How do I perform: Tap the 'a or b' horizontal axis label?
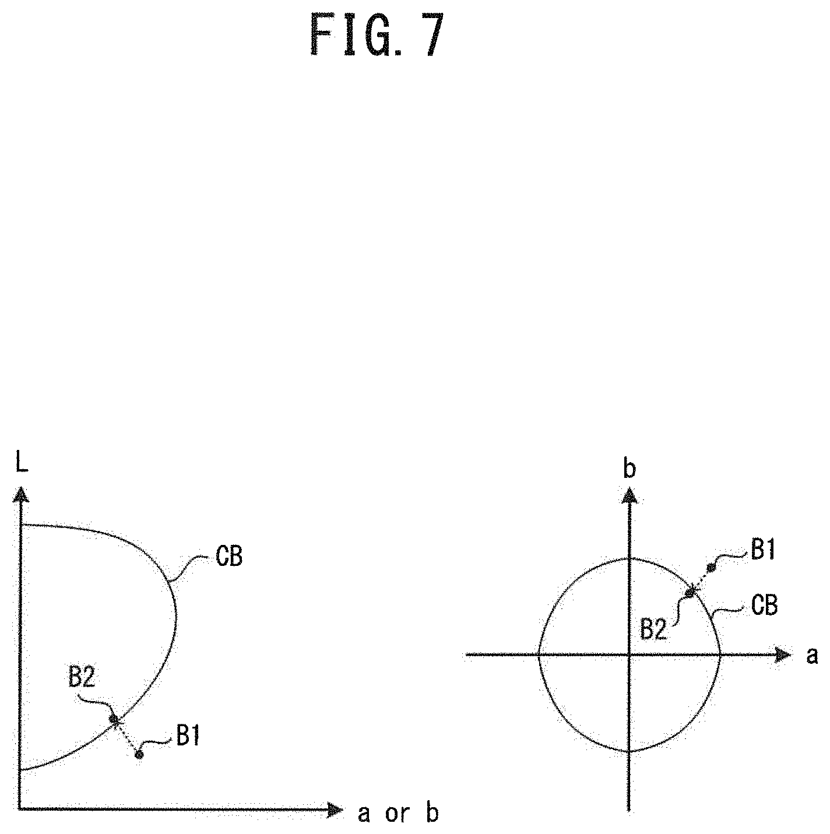pyautogui.click(x=398, y=814)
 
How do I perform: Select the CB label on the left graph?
pyautogui.click(x=229, y=557)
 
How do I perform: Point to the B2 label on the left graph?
pyautogui.click(x=82, y=678)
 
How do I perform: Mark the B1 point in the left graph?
pyautogui.click(x=139, y=755)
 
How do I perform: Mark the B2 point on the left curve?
pyautogui.click(x=115, y=720)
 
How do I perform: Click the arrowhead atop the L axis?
pyautogui.click(x=20, y=495)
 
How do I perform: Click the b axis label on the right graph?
pyautogui.click(x=629, y=470)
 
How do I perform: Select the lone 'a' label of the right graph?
pyautogui.click(x=812, y=656)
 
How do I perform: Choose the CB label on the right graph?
pyautogui.click(x=764, y=606)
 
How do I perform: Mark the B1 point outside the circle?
pyautogui.click(x=711, y=567)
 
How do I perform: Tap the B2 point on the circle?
pyautogui.click(x=690, y=592)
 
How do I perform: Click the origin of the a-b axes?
pyautogui.click(x=629, y=655)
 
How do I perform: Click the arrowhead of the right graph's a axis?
pyautogui.click(x=782, y=655)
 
